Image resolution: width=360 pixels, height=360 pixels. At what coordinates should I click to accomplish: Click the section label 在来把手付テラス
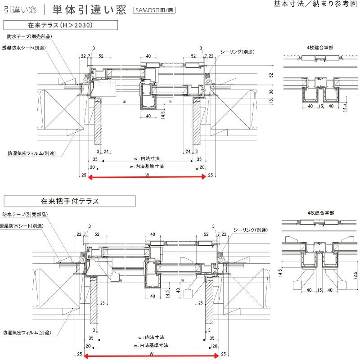pyautogui.click(x=69, y=201)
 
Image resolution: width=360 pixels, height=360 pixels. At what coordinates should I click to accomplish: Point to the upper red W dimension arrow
pyautogui.click(x=147, y=177)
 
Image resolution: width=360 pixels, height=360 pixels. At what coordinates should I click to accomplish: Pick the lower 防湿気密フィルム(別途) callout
pyautogui.click(x=26, y=333)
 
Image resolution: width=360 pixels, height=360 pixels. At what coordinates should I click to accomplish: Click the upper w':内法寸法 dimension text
pyautogui.click(x=147, y=159)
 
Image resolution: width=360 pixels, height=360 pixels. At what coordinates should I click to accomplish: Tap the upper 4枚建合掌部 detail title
pyautogui.click(x=317, y=48)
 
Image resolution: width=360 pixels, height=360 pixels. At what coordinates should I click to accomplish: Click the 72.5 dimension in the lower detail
pyautogui.click(x=355, y=274)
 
